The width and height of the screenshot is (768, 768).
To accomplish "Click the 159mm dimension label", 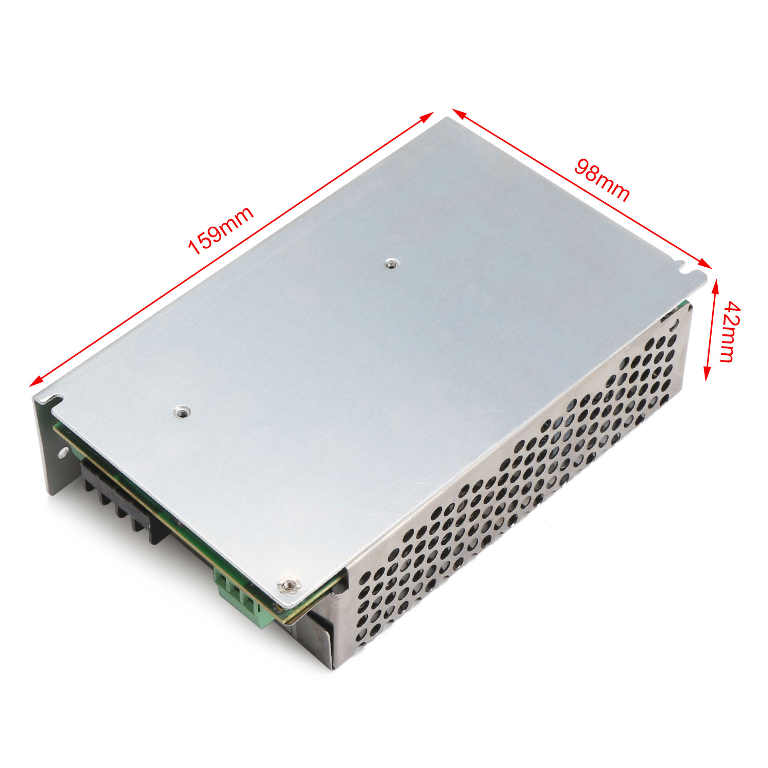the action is [221, 230].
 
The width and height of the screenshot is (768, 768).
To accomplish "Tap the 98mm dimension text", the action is [602, 180].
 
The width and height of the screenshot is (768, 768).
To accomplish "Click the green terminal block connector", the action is [242, 599].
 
